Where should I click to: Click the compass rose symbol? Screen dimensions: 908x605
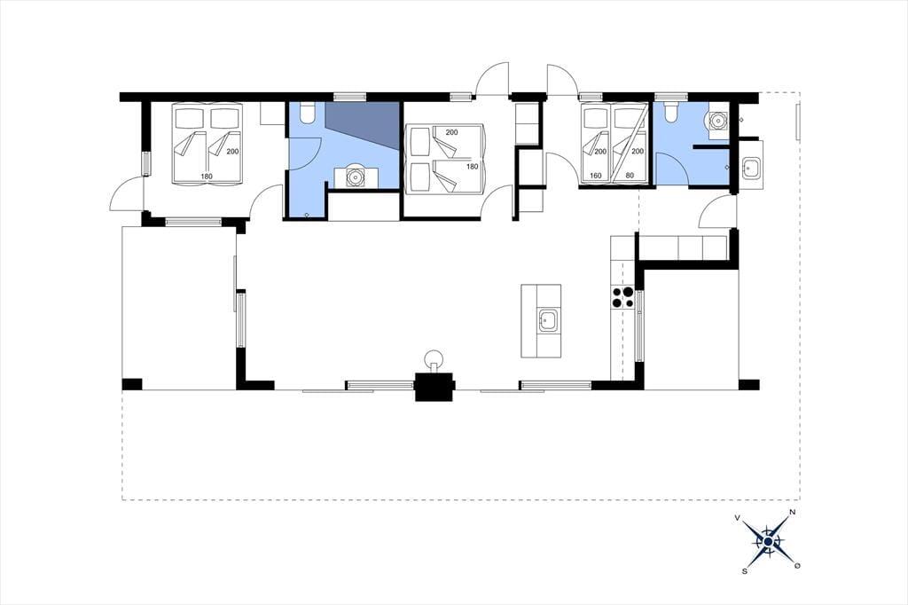tap(767, 541)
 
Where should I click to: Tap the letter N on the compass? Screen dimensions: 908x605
tap(793, 512)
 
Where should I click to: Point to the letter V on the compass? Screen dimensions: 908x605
tap(737, 517)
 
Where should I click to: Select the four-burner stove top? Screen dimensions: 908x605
tap(622, 297)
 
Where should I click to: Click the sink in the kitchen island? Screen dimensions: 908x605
tap(548, 320)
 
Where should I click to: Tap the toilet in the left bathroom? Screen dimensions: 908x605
tap(308, 113)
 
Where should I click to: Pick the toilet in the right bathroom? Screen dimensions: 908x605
tap(671, 113)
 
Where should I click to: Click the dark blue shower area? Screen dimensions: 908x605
tap(363, 124)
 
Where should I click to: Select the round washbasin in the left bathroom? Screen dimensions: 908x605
tap(355, 177)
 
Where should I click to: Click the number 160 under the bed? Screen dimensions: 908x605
tap(595, 176)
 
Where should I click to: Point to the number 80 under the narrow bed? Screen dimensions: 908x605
tap(630, 176)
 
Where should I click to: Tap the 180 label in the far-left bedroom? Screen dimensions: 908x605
tap(207, 177)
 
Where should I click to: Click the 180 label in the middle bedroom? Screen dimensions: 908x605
tap(473, 166)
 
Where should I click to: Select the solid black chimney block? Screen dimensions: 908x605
tap(434, 386)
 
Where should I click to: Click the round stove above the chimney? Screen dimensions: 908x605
tap(434, 358)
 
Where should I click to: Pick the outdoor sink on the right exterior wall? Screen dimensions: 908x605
tap(751, 168)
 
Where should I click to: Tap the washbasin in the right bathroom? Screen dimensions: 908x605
tap(718, 121)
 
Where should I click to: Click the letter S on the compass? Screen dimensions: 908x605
tap(744, 570)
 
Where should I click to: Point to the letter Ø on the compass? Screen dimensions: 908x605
tap(797, 565)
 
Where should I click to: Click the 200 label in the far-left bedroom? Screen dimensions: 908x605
tap(233, 151)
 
